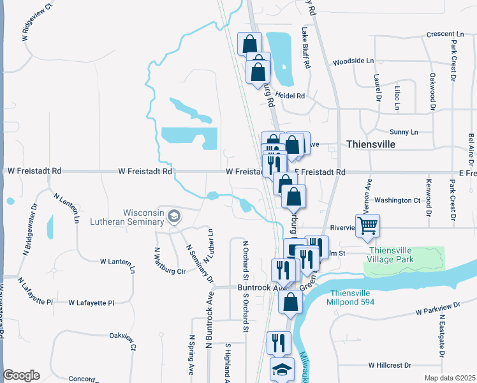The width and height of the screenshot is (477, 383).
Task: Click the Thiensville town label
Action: tap(371, 144)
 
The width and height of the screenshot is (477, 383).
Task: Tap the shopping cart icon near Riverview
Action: tap(368, 225)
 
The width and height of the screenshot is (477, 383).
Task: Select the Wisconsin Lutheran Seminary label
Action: tap(144, 218)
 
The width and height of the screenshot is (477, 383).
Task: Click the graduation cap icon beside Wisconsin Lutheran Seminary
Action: tap(173, 218)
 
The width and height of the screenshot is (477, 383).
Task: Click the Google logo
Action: tap(21, 375)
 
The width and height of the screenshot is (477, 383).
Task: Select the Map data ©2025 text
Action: tap(450, 378)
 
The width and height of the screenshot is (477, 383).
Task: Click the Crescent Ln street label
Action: tap(445, 34)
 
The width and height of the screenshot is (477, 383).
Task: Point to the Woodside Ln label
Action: tap(353, 61)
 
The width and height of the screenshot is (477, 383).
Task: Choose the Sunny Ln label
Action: tap(403, 131)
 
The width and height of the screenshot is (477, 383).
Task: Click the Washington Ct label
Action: tap(397, 200)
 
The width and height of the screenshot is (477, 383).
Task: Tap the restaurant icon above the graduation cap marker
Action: tap(279, 342)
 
